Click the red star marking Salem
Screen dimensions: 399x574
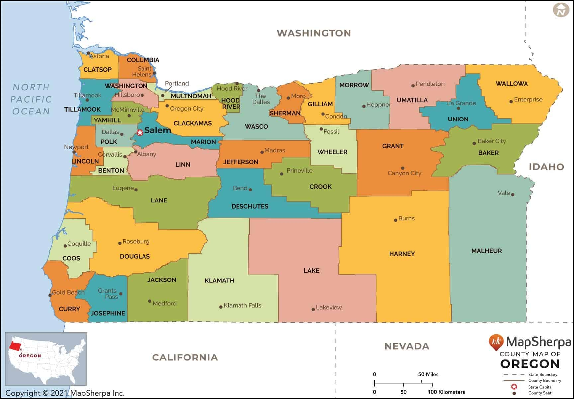click(x=140, y=132)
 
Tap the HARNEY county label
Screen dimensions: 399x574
click(x=402, y=254)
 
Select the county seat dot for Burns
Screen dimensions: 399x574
click(x=395, y=220)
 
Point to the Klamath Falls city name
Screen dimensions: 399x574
click(x=242, y=305)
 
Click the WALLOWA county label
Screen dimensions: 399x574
click(x=512, y=84)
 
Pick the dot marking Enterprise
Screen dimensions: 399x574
click(x=511, y=101)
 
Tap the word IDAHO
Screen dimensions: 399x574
click(x=546, y=167)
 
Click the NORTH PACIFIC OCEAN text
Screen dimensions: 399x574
click(x=31, y=99)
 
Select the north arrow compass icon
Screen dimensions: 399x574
click(x=561, y=10)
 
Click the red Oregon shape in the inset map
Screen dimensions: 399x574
click(x=14, y=346)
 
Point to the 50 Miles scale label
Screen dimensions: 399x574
click(x=428, y=374)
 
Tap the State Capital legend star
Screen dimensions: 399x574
click(x=514, y=387)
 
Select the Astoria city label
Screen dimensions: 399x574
click(x=99, y=56)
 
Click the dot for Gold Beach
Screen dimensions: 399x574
click(x=50, y=295)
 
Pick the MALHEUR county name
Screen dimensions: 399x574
click(x=486, y=251)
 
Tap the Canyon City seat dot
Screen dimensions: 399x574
click(x=403, y=168)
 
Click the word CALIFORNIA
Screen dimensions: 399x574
click(x=185, y=358)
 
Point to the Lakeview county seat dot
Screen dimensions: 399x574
click(x=313, y=309)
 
